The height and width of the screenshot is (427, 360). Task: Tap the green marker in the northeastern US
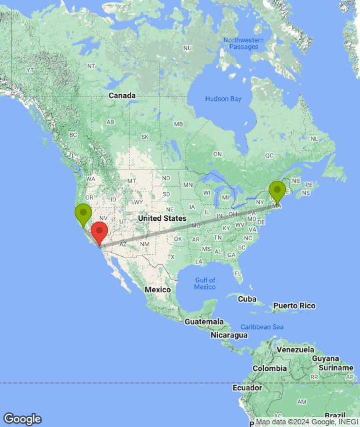[277, 191]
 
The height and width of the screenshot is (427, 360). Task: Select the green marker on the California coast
[83, 214]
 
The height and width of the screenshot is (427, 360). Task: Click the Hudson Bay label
[223, 99]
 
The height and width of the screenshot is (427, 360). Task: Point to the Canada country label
[122, 95]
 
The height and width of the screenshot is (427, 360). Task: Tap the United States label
[162, 218]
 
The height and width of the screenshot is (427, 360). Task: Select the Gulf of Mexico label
[205, 283]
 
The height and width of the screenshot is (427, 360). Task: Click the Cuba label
[247, 298]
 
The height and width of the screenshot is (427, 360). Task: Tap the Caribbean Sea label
[262, 326]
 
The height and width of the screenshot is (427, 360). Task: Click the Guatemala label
[204, 322]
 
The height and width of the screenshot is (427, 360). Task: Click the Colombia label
[269, 368]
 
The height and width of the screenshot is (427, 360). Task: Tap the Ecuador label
[246, 388]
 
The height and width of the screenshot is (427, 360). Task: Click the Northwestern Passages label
[243, 43]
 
